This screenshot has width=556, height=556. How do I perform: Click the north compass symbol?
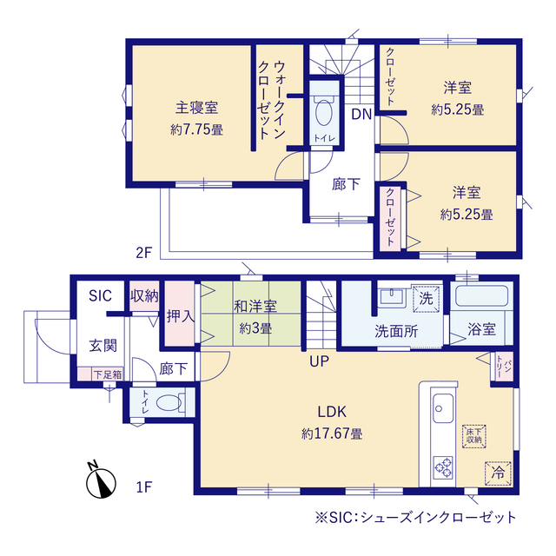101,480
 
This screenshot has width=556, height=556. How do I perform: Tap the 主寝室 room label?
196,108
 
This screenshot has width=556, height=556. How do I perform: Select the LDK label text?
332,412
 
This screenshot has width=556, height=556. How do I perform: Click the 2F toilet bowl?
323,112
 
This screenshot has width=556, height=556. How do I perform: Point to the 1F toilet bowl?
169,403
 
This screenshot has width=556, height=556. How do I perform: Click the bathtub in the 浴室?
481,296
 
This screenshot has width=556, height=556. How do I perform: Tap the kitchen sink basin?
443,408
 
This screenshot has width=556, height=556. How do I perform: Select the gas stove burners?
443,467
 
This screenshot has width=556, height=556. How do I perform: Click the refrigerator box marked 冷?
498,473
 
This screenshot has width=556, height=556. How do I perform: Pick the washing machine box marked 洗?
426,299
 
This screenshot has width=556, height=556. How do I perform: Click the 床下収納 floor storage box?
474,436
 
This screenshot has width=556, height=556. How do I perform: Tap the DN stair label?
361,114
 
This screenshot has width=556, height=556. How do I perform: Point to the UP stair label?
319,361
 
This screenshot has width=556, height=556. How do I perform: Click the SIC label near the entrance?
100,295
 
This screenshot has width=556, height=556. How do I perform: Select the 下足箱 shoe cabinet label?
108,374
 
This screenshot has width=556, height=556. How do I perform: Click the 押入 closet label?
181,315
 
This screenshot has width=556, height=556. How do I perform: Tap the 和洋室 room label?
255,307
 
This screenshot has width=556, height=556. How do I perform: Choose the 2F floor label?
143,253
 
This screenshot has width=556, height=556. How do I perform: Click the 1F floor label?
144,487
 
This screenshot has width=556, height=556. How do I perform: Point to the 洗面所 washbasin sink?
392,296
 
